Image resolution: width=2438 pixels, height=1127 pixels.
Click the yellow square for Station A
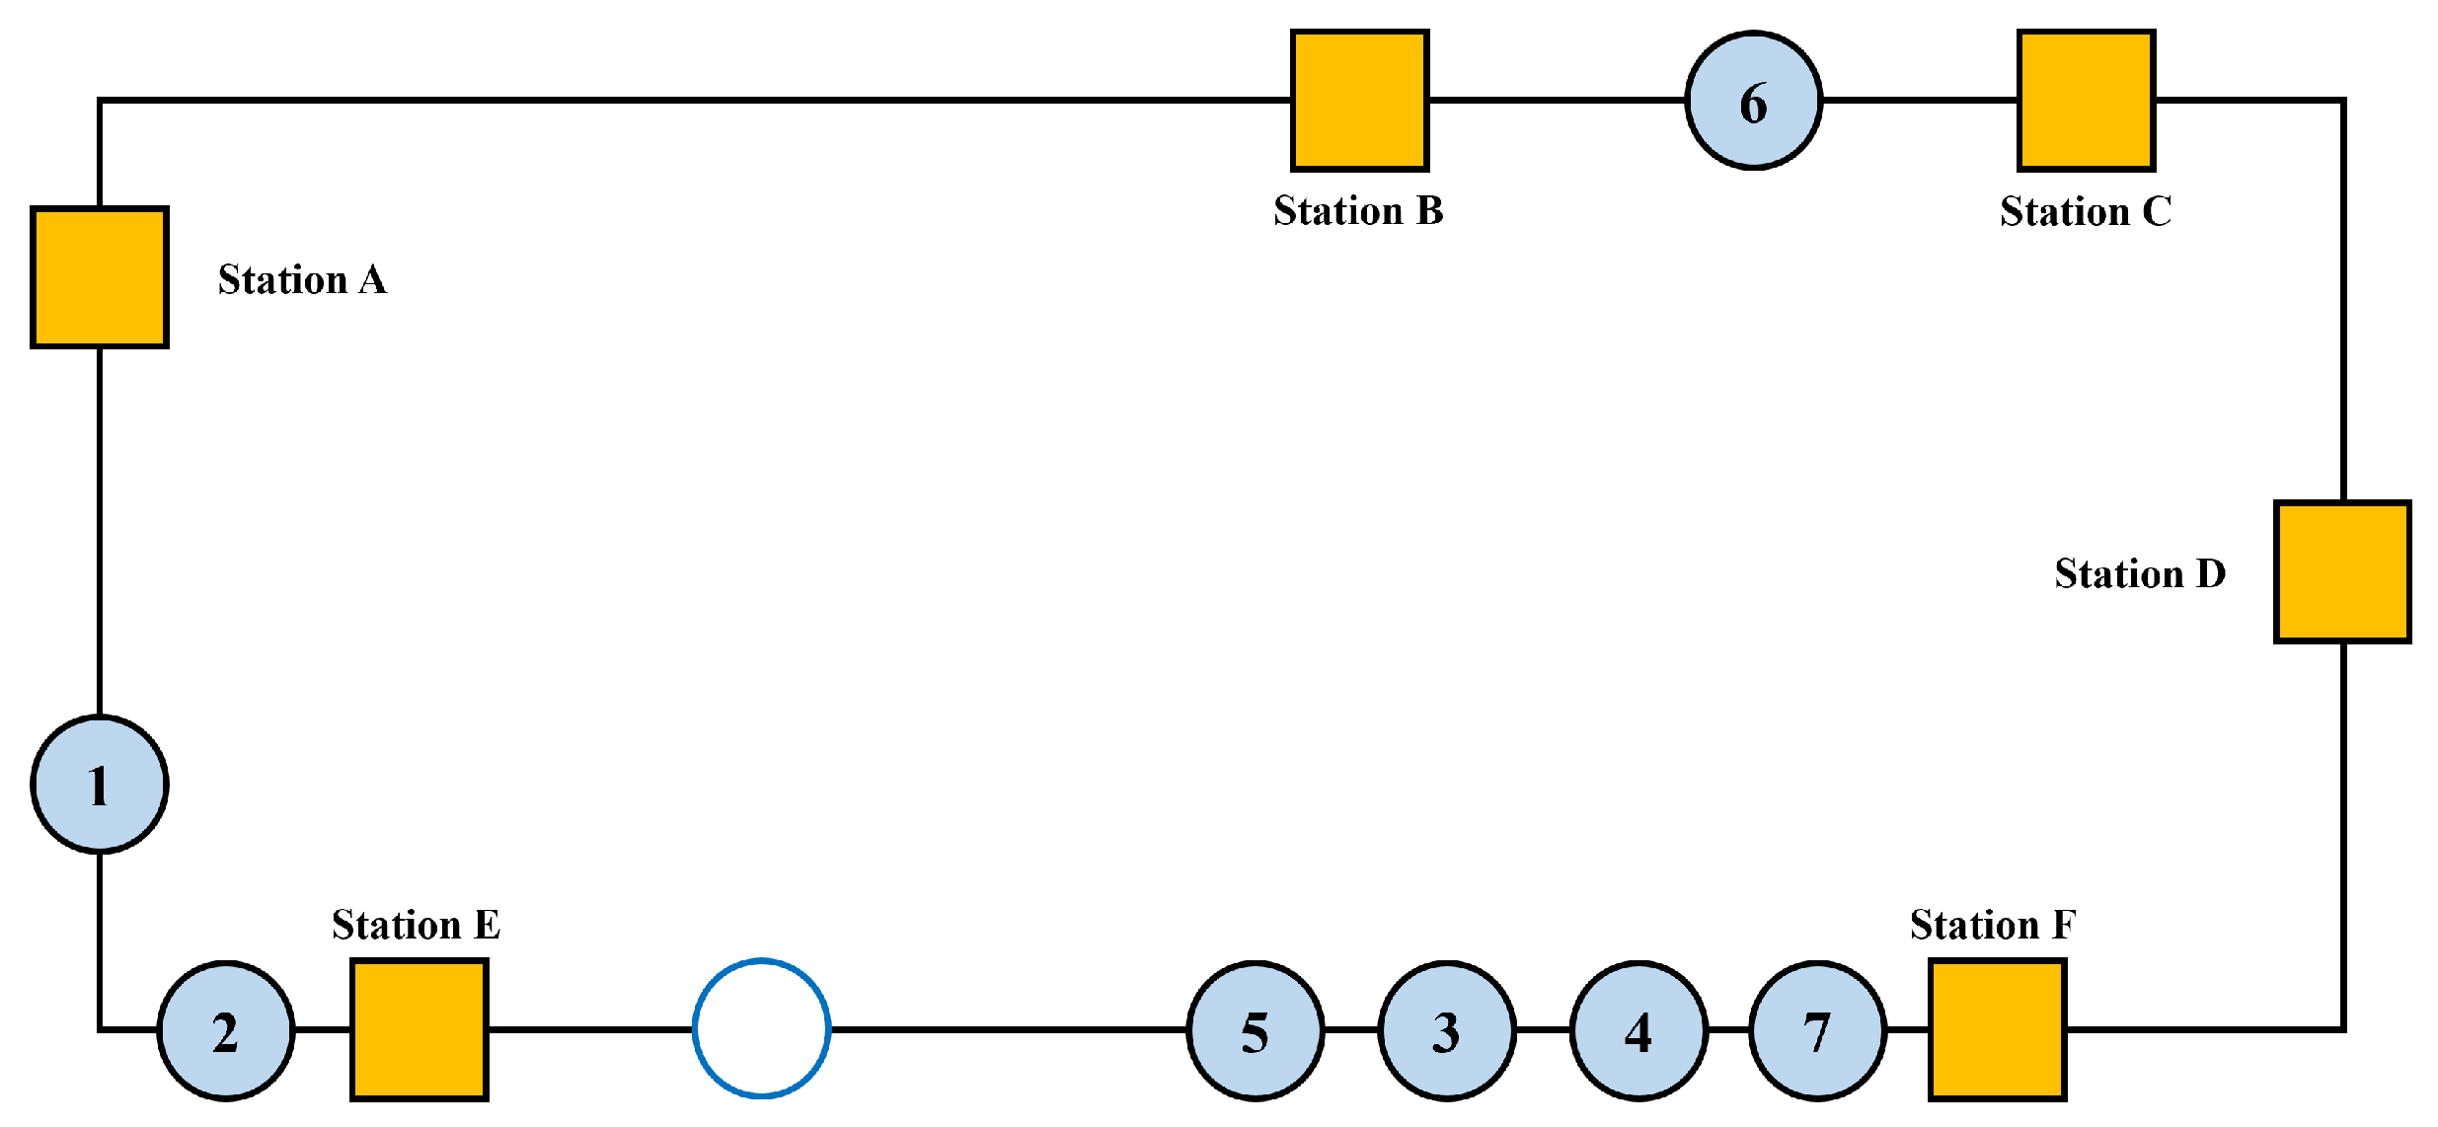[x=100, y=277]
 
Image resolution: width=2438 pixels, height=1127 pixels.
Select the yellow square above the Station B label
[x=1359, y=101]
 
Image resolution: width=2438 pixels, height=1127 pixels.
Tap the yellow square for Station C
[x=2086, y=101]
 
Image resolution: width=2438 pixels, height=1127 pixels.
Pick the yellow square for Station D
[x=2342, y=571]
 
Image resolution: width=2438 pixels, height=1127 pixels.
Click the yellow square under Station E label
[x=419, y=1029]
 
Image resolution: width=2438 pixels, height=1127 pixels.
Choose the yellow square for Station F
[x=1997, y=1029]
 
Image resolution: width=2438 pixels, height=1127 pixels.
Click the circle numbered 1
[x=100, y=785]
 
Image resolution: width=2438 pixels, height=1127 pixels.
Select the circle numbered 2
[x=226, y=1030]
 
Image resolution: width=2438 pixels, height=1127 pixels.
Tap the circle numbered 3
[x=1447, y=1030]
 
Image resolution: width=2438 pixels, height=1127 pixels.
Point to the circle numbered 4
[x=1638, y=1030]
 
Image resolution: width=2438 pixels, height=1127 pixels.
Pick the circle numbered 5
[x=1256, y=1030]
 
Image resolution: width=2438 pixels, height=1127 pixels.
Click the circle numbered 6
[x=1754, y=101]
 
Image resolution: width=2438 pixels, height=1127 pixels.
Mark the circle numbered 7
[x=1818, y=1030]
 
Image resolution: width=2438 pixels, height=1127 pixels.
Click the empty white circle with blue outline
[x=761, y=1028]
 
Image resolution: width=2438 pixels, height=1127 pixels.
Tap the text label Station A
[x=302, y=280]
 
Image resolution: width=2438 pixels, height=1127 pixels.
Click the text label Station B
[x=1358, y=211]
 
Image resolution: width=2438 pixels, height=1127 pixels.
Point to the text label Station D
[x=2140, y=573]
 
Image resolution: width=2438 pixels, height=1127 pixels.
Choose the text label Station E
[x=416, y=925]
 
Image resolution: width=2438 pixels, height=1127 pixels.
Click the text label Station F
[x=1993, y=925]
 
